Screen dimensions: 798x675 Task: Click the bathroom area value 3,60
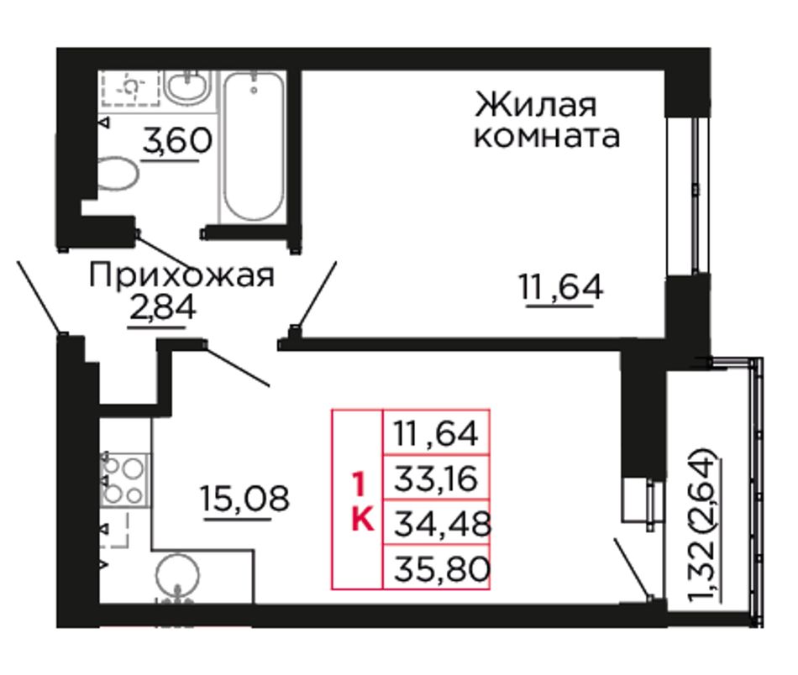(176, 140)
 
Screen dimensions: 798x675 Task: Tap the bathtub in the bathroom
(253, 146)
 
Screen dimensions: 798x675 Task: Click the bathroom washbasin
(188, 87)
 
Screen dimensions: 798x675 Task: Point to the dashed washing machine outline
(131, 87)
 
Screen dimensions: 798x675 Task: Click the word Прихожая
(181, 276)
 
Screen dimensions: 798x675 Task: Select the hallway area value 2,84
(162, 308)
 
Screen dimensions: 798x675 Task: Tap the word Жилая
(535, 106)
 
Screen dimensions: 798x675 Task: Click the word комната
(547, 136)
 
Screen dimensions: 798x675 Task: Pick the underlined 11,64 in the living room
(561, 286)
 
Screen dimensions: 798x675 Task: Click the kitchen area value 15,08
(244, 498)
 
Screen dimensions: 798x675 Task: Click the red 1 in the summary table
(359, 484)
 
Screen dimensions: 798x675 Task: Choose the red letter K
(363, 520)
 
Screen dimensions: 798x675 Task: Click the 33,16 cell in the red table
(436, 479)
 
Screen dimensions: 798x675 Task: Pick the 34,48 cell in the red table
(436, 523)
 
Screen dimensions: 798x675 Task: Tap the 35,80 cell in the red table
(436, 568)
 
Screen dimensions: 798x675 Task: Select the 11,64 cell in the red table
(436, 433)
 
